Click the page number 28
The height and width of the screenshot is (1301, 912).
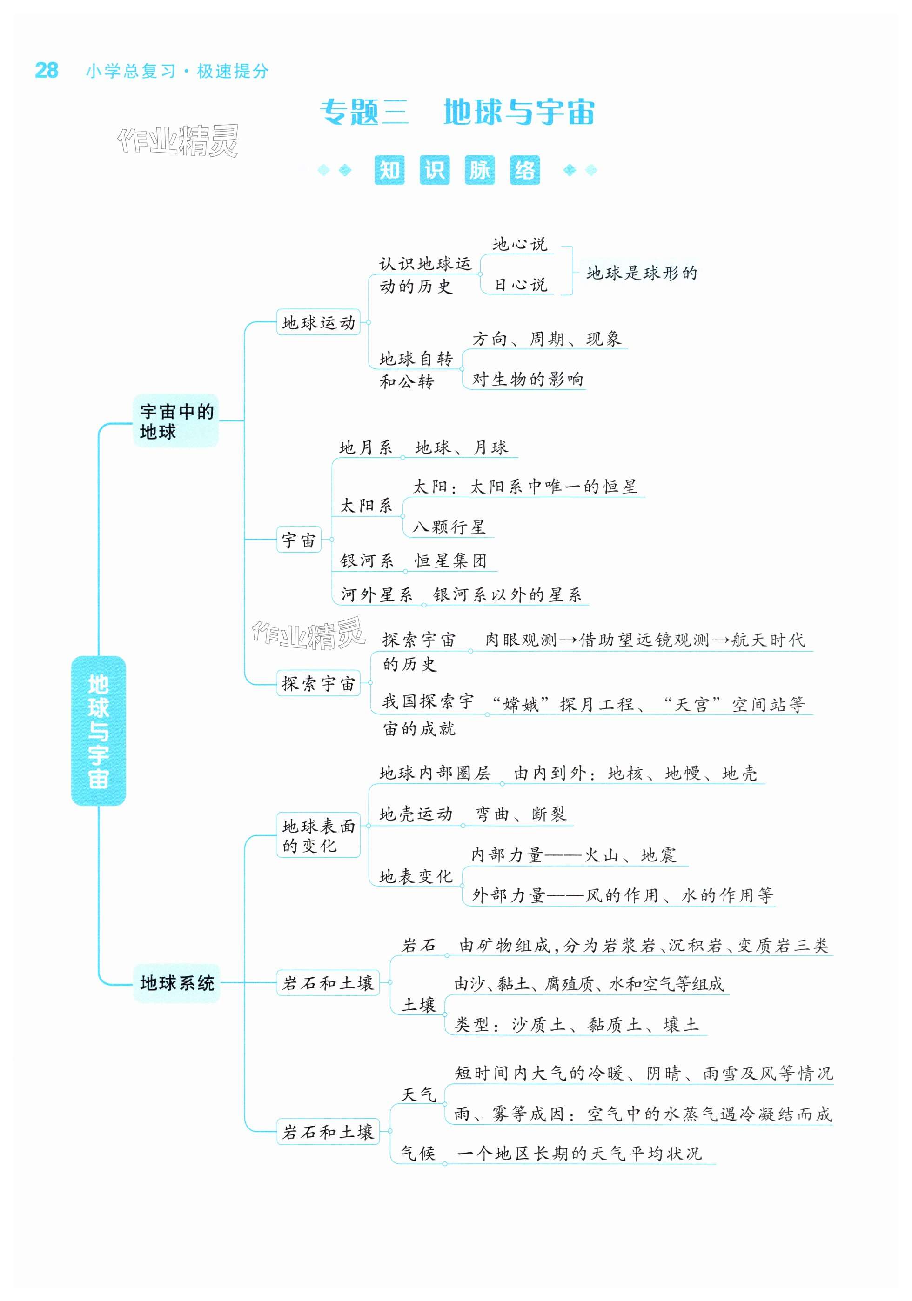point(47,70)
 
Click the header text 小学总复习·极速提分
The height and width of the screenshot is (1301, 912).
point(177,71)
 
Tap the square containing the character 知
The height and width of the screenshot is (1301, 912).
point(389,170)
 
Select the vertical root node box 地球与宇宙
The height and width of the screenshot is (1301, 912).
point(98,730)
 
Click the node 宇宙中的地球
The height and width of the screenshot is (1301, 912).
point(176,421)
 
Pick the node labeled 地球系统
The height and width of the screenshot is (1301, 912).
point(177,982)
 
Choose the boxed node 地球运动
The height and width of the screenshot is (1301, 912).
point(318,322)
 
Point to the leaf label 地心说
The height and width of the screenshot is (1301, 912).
point(520,245)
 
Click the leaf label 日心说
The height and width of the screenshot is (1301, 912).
point(520,285)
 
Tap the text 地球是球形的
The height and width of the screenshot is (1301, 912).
point(642,273)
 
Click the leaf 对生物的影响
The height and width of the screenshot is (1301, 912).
point(527,379)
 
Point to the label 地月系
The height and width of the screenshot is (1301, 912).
point(366,447)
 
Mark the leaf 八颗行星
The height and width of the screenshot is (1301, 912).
point(449,527)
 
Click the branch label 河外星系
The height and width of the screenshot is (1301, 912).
point(376,594)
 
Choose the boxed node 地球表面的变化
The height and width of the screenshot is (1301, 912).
point(318,836)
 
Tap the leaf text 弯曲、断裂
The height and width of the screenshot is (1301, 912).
point(520,814)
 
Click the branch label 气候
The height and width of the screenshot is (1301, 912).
point(418,1153)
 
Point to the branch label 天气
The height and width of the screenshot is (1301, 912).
point(418,1095)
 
